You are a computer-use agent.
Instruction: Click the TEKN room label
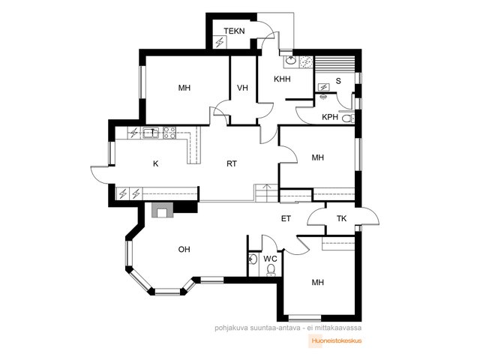pyautogui.click(x=234, y=31)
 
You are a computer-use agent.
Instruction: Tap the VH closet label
pyautogui.click(x=242, y=88)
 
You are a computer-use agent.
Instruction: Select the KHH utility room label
pyautogui.click(x=282, y=79)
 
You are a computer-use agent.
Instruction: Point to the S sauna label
pyautogui.click(x=338, y=81)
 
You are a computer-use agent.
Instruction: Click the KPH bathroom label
pyautogui.click(x=330, y=117)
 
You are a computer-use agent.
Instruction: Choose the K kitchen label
pyautogui.click(x=155, y=163)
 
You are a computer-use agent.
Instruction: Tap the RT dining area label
pyautogui.click(x=232, y=163)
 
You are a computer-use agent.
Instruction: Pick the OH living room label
pyautogui.click(x=184, y=250)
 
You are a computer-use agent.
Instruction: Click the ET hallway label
pyautogui.click(x=286, y=218)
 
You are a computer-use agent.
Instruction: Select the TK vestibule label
pyautogui.click(x=342, y=218)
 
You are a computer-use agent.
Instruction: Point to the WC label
pyautogui.click(x=270, y=259)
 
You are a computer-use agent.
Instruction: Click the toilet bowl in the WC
pyautogui.click(x=271, y=270)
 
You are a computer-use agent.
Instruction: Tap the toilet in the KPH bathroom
pyautogui.click(x=348, y=118)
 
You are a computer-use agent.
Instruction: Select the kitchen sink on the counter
pyautogui.click(x=151, y=133)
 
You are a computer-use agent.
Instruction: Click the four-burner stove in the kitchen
pyautogui.click(x=169, y=133)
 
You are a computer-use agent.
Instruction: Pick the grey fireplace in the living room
pyautogui.click(x=162, y=210)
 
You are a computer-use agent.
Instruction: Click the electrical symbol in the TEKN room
pyautogui.click(x=220, y=42)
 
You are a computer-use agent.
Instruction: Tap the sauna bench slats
pyautogui.click(x=335, y=64)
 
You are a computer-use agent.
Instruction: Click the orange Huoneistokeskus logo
pyautogui.click(x=335, y=340)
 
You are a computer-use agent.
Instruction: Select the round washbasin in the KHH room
pyautogui.click(x=290, y=61)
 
